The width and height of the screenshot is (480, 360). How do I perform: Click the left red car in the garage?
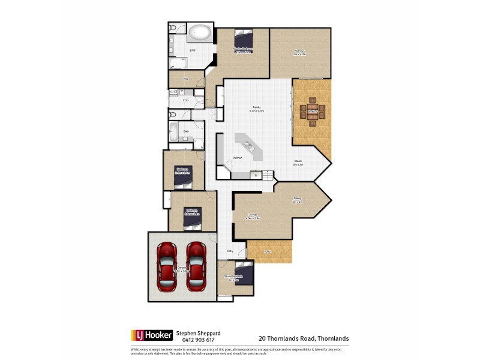point(167,266)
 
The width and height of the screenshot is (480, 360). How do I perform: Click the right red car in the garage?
point(196,266)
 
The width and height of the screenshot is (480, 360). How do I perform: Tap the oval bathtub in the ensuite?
point(199,33)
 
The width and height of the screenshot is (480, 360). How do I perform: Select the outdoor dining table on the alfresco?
point(313,111)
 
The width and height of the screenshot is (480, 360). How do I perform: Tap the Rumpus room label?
point(300,52)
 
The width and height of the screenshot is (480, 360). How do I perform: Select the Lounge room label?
point(252,217)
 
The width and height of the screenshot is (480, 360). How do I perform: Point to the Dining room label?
point(297,200)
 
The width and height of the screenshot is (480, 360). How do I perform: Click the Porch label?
point(269,251)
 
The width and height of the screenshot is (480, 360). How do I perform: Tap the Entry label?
point(230,251)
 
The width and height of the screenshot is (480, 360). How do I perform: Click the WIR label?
point(186,79)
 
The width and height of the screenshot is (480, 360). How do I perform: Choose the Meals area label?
point(298,163)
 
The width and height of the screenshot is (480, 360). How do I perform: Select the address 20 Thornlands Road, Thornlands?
point(304,338)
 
